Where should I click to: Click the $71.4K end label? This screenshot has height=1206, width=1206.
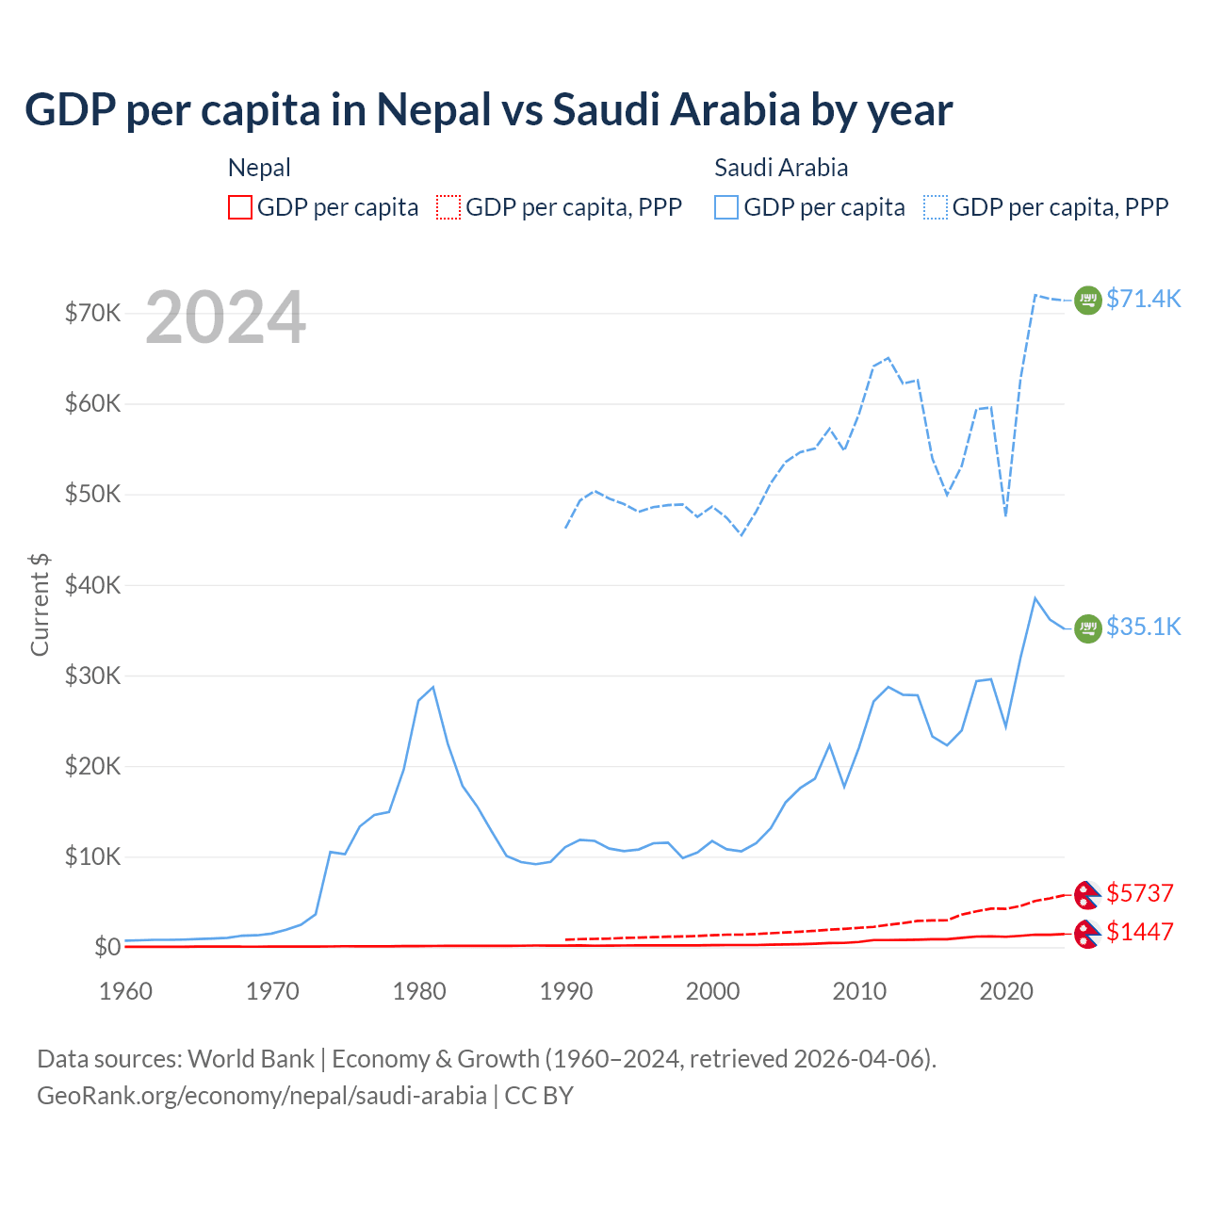coord(1143,299)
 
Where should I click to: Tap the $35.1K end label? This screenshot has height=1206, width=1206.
coord(1143,627)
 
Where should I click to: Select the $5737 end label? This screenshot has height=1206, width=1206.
coord(1139,892)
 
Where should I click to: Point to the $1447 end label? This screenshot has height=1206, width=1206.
coord(1139,932)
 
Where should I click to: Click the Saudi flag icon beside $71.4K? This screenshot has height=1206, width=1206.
coord(1088,300)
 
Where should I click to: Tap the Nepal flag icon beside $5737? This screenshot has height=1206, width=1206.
coord(1087,893)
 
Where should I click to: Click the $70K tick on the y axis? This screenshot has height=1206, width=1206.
coord(92,313)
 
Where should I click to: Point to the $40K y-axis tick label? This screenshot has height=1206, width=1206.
coord(92,585)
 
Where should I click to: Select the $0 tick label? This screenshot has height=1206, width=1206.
coord(107,947)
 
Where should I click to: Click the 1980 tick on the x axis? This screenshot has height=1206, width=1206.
coord(419,991)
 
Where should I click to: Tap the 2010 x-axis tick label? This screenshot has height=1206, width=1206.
coord(859,991)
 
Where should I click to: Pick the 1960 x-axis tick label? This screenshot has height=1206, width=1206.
coord(126,991)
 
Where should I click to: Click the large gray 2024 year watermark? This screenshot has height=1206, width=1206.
coord(226,318)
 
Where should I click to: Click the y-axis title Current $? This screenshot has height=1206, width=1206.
coord(40,605)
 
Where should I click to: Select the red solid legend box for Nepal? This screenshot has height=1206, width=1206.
coord(240,207)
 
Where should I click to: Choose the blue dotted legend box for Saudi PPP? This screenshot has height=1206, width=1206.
coord(936,207)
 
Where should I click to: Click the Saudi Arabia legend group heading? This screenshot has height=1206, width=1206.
coord(781,168)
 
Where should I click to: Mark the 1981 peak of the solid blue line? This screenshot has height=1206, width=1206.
coord(432,687)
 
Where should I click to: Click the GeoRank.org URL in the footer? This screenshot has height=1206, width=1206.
coord(262,1096)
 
